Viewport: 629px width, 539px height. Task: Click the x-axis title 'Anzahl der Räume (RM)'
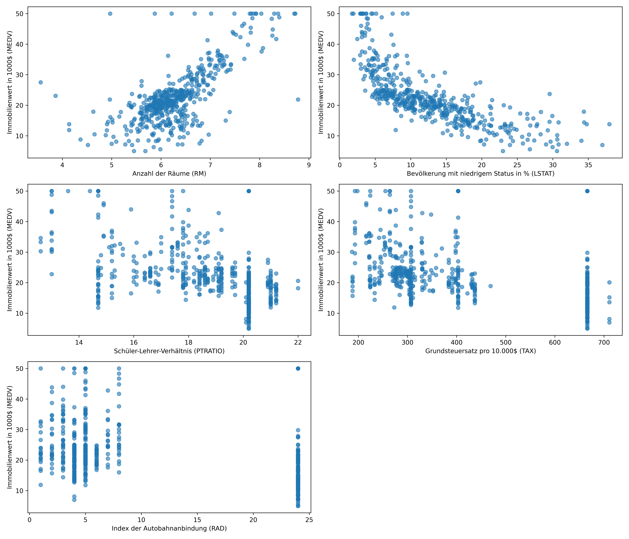(x=169, y=174)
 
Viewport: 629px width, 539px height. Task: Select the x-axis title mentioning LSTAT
(x=481, y=174)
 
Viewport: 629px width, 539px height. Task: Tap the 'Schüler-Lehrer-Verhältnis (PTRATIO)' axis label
(x=169, y=351)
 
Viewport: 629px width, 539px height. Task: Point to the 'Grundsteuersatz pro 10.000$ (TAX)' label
(x=481, y=351)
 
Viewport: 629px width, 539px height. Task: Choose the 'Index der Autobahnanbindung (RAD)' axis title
(x=169, y=528)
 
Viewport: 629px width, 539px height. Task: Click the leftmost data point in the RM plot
(x=41, y=82)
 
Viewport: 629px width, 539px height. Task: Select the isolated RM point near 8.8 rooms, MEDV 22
(x=298, y=100)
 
